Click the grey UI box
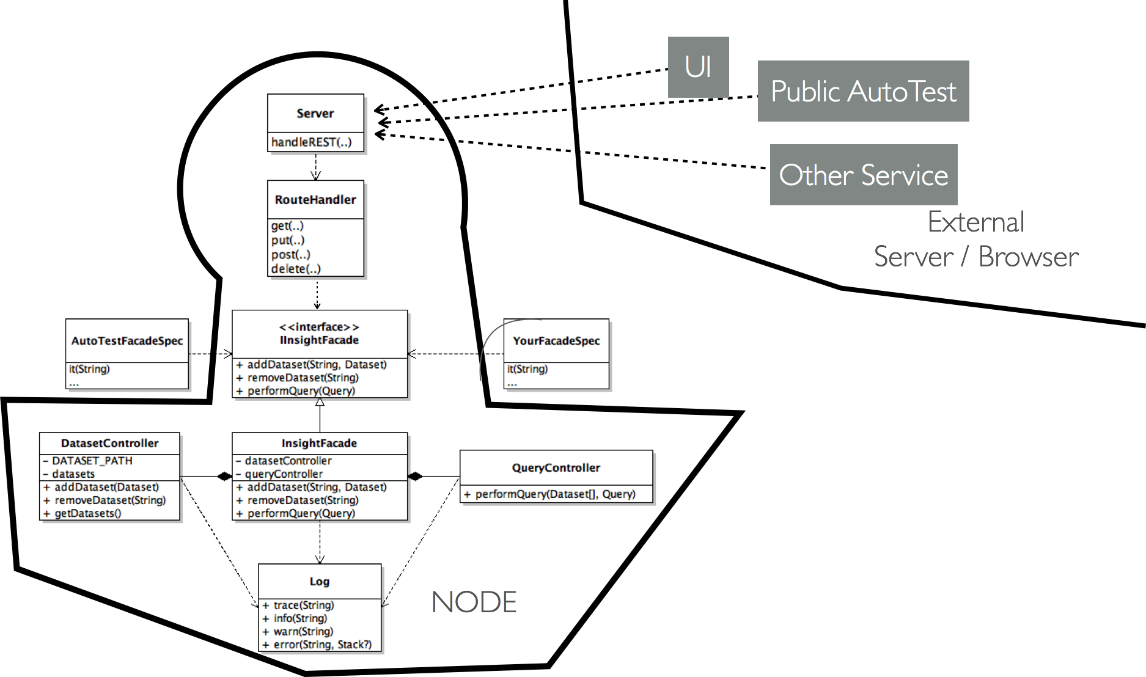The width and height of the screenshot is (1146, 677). pyautogui.click(x=698, y=67)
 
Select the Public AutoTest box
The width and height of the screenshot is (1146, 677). pyautogui.click(x=863, y=91)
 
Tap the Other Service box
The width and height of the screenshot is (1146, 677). pyautogui.click(x=864, y=175)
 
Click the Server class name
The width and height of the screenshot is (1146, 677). pyautogui.click(x=315, y=113)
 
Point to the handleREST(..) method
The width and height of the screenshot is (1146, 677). pyautogui.click(x=312, y=142)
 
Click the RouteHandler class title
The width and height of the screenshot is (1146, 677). pyautogui.click(x=315, y=200)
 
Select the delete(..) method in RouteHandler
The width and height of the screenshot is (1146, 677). pyautogui.click(x=296, y=269)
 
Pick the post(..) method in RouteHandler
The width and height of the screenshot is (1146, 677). pyautogui.click(x=291, y=254)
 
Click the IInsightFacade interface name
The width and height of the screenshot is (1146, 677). pyautogui.click(x=319, y=340)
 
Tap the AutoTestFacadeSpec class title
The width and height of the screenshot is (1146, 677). pyautogui.click(x=127, y=341)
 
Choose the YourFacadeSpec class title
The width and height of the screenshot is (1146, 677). pyautogui.click(x=556, y=341)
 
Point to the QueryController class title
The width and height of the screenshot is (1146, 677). pyautogui.click(x=556, y=468)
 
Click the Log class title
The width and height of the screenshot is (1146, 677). pyautogui.click(x=320, y=582)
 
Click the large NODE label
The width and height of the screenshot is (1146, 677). pyautogui.click(x=474, y=602)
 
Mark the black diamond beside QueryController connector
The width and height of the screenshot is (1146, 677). pyautogui.click(x=415, y=477)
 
